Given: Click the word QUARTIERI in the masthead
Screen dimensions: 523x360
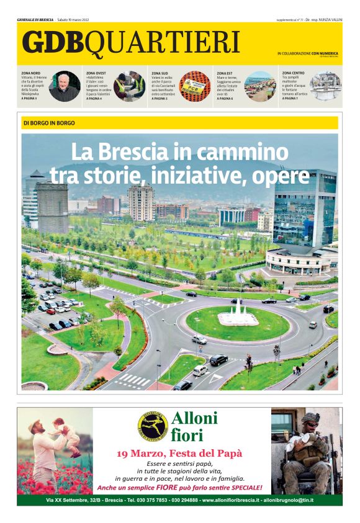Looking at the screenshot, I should click(163, 42).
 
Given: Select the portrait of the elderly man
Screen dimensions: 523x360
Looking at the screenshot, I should click(64, 86).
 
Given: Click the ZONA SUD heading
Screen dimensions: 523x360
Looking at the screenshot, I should click(160, 73).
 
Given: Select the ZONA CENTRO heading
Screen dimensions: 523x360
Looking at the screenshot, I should click(293, 73).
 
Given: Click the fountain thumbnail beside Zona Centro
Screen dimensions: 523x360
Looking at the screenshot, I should click(325, 86).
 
